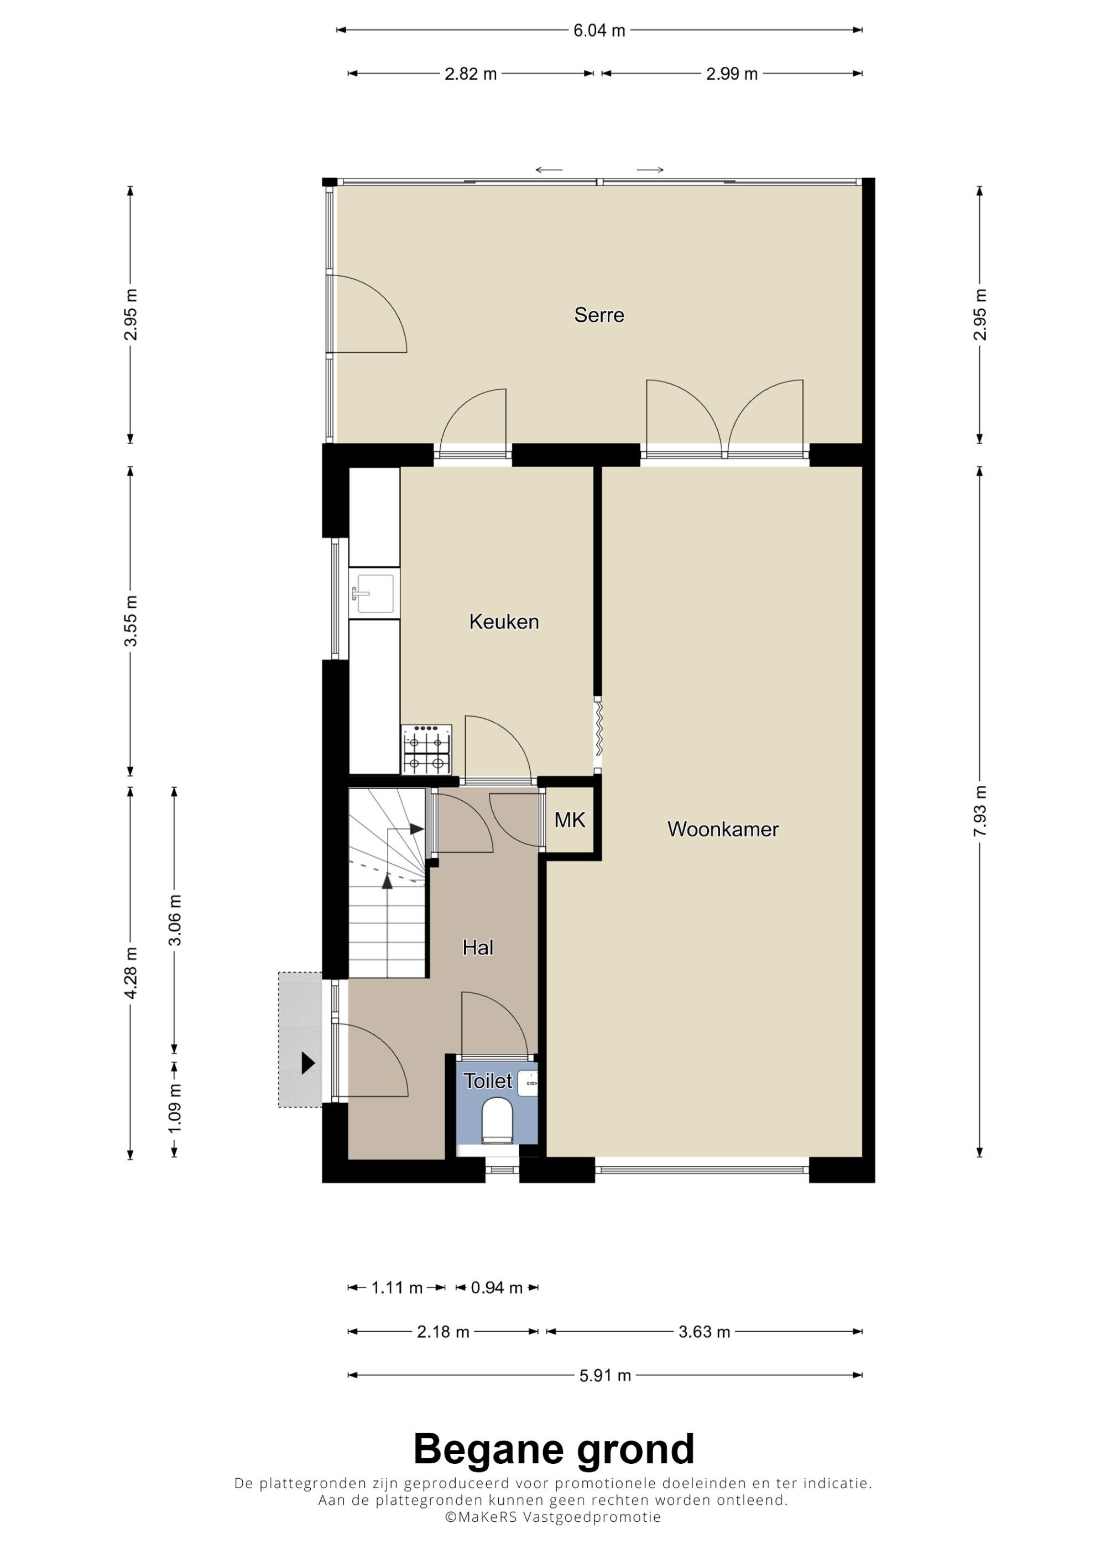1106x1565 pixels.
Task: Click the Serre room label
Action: click(x=599, y=315)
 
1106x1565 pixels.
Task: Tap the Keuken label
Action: click(x=504, y=622)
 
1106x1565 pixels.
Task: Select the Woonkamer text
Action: click(x=723, y=829)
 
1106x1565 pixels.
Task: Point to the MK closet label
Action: click(x=570, y=820)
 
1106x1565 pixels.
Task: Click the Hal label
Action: click(x=478, y=947)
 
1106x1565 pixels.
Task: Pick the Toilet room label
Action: click(x=488, y=1081)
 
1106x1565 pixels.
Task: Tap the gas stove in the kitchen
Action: click(x=426, y=750)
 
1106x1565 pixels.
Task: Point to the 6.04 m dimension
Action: click(x=599, y=30)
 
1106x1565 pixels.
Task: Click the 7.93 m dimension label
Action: click(x=980, y=811)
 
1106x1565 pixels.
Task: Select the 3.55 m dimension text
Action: click(x=131, y=620)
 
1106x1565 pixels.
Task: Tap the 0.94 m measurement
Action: click(x=497, y=1287)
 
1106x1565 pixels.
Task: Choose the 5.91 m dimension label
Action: click(x=605, y=1375)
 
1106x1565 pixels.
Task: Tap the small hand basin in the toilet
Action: click(x=528, y=1083)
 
